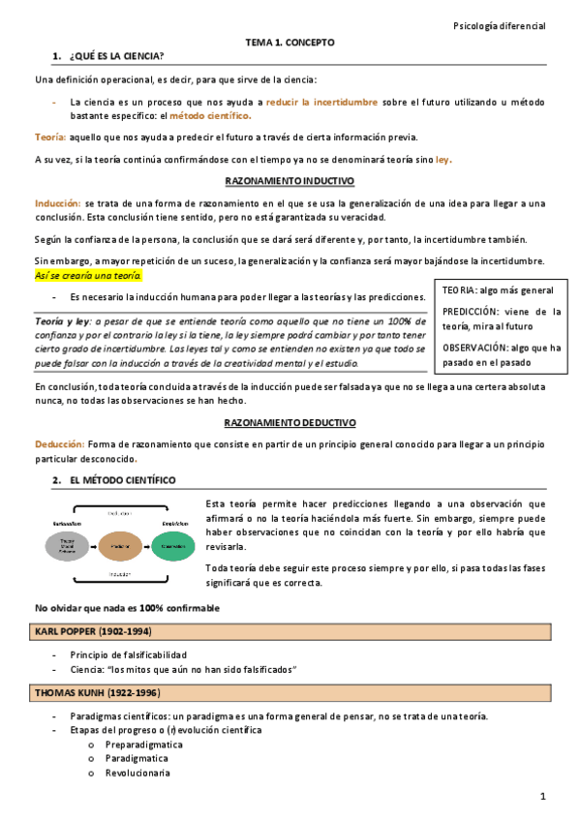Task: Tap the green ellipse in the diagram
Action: (173, 547)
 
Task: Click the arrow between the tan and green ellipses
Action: (146, 547)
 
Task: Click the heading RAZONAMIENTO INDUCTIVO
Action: (290, 181)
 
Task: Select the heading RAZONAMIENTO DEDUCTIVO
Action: (290, 423)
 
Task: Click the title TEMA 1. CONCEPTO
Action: (290, 44)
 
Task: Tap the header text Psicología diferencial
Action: (500, 26)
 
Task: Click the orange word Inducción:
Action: (58, 203)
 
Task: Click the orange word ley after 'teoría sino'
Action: (443, 160)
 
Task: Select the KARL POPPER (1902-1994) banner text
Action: (93, 632)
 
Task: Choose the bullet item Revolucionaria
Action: (137, 773)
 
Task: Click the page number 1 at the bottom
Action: (544, 796)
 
